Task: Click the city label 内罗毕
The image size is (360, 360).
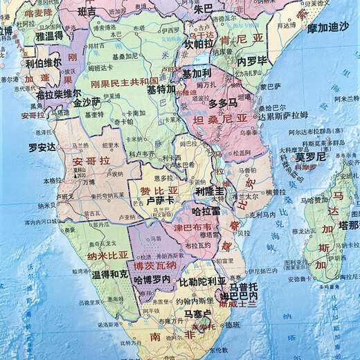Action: [253, 61]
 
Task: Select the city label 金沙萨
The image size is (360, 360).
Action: [88, 100]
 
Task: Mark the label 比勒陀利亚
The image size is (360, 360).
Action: [203, 282]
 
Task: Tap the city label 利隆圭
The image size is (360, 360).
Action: [210, 190]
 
